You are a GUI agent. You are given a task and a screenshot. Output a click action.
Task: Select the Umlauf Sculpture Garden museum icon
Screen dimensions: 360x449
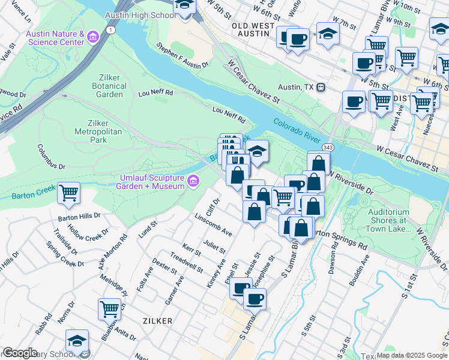(193, 181)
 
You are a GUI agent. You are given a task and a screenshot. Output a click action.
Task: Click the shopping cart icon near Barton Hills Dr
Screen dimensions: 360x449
(69, 193)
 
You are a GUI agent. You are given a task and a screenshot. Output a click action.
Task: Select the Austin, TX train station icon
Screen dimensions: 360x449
(321, 88)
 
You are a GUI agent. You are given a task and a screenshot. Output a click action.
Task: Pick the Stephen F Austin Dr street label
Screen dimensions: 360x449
(182, 55)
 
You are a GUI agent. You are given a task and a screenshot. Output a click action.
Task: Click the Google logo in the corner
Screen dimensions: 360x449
(20, 353)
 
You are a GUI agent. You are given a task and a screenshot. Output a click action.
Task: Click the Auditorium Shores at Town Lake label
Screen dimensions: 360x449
(388, 220)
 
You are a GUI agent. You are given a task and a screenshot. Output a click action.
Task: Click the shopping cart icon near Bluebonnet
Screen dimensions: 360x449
(110, 309)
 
